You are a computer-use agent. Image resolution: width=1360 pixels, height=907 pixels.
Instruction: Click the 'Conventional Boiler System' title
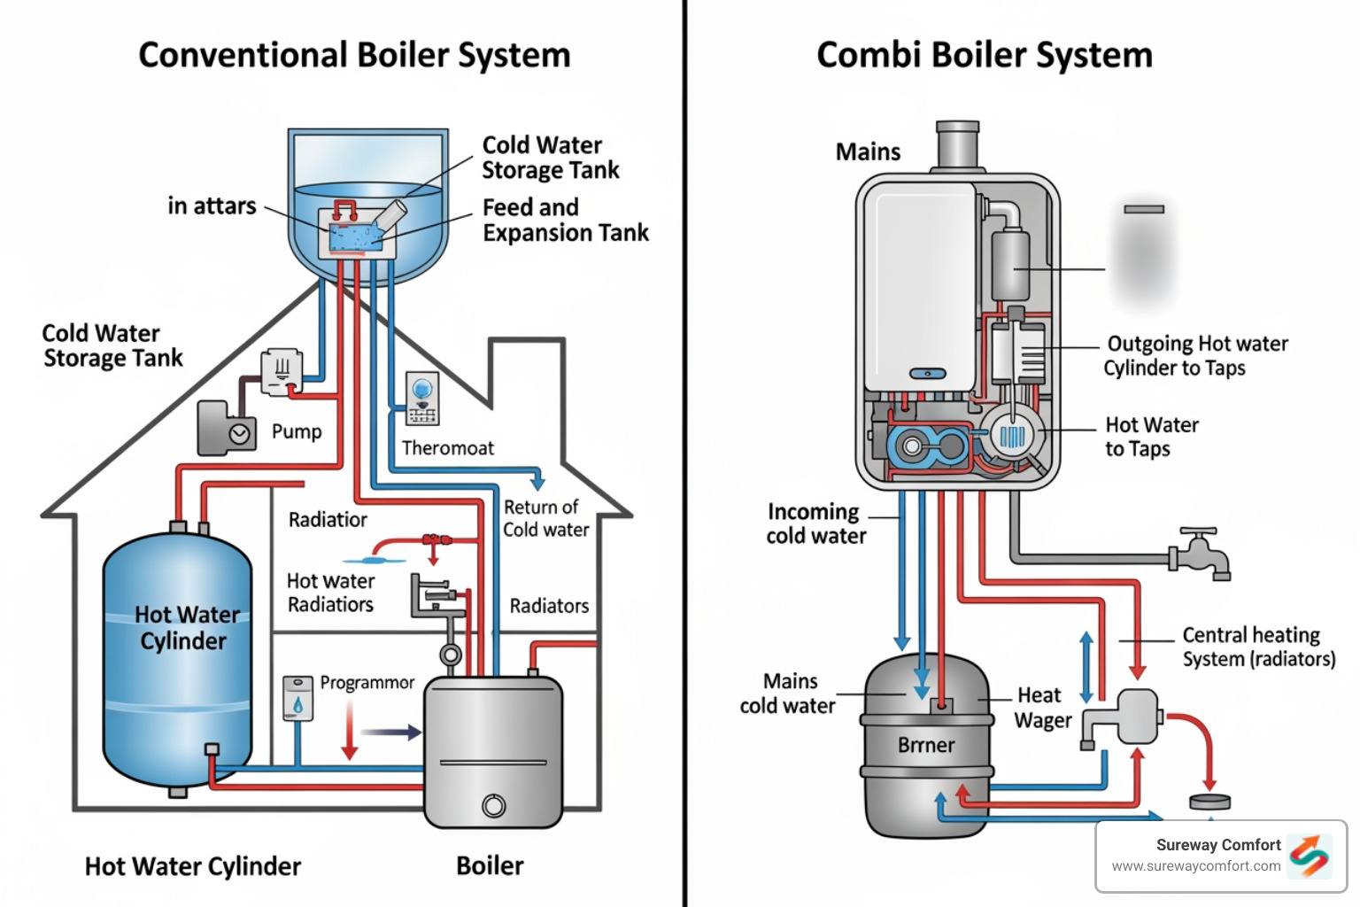coord(354,55)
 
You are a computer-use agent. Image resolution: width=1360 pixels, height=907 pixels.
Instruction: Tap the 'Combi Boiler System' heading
coord(984,55)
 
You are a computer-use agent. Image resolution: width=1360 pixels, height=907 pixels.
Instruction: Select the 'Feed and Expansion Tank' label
coord(565,220)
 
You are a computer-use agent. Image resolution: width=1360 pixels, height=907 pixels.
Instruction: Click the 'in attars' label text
coord(212,205)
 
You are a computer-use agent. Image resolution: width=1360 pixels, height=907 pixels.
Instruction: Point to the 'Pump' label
coord(297,431)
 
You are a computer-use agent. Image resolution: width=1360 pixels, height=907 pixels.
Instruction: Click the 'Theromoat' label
coord(448,448)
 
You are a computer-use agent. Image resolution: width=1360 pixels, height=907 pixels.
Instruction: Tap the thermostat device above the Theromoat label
coord(422,399)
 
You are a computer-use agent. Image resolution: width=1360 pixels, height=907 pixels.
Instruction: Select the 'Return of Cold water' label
coord(545,518)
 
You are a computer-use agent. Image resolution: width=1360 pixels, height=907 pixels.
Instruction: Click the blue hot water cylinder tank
coord(177,660)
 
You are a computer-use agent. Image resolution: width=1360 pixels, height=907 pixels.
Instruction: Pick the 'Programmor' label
coord(367,683)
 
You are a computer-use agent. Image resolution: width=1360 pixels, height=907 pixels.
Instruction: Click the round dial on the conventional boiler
coord(494,806)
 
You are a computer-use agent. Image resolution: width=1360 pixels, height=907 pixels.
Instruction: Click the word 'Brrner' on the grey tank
coord(926,745)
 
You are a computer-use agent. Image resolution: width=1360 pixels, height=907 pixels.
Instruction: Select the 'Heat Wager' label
coord(1042,708)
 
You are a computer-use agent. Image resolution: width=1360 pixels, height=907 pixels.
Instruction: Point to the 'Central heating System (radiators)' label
coord(1257,647)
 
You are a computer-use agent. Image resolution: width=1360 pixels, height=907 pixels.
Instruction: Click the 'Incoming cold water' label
coord(815,523)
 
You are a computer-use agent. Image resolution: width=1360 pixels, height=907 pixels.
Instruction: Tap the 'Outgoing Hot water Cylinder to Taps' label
coord(1194,355)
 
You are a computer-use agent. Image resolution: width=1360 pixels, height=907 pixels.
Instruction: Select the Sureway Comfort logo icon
coord(1310,856)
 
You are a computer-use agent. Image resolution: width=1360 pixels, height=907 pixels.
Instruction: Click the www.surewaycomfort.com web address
coord(1195,866)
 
